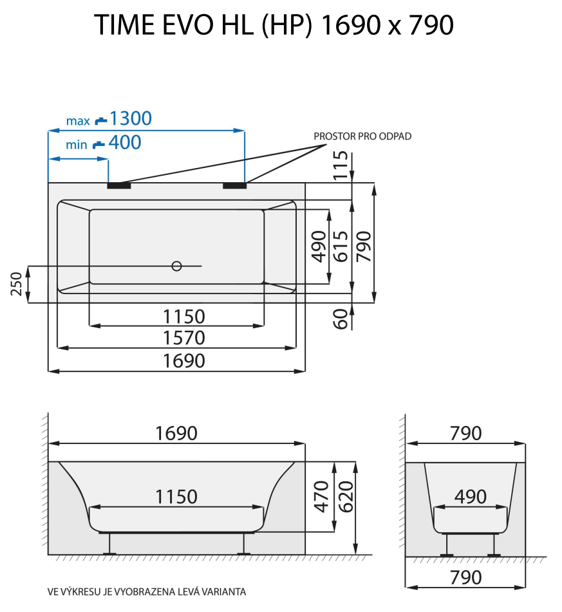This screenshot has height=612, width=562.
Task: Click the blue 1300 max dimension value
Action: click(x=131, y=119)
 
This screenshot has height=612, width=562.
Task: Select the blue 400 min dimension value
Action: click(x=125, y=143)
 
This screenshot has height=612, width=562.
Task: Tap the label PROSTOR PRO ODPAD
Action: click(x=362, y=136)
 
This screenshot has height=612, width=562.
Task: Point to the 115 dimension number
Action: click(x=341, y=165)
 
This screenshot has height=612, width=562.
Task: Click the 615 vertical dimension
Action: click(x=341, y=245)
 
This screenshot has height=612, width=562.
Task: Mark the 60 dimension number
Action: click(x=341, y=318)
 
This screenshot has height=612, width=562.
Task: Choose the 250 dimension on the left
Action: click(x=17, y=284)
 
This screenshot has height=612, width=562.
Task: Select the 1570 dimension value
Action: click(x=183, y=338)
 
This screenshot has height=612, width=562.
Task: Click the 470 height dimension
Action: click(x=321, y=496)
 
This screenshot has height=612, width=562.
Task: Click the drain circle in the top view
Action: click(x=176, y=266)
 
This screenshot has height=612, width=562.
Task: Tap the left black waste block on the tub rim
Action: click(x=119, y=186)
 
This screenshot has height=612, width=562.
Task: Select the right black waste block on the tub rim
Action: click(x=234, y=186)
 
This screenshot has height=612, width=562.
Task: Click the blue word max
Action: click(x=77, y=121)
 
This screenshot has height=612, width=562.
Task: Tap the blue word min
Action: click(x=76, y=145)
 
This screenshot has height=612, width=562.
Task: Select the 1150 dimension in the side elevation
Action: click(x=176, y=497)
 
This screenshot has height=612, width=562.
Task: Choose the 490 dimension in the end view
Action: click(x=470, y=496)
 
